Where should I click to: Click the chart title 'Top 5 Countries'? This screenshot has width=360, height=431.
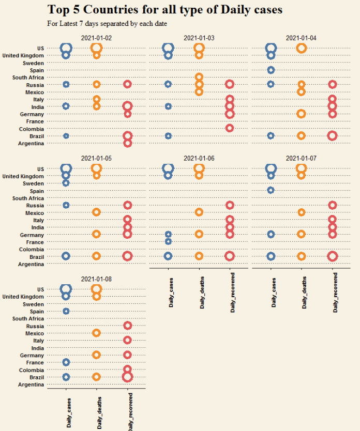(164, 9)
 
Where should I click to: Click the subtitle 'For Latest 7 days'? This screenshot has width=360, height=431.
(107, 23)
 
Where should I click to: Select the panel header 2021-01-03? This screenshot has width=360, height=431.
(199, 38)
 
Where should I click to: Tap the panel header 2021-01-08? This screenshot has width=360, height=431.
(96, 279)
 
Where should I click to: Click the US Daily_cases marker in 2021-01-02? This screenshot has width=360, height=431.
(66, 48)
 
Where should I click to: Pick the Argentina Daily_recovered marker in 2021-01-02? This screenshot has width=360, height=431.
(128, 143)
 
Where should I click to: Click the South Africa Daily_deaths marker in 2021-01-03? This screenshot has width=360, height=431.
(199, 78)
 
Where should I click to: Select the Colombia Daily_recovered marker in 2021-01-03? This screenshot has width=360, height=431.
(230, 128)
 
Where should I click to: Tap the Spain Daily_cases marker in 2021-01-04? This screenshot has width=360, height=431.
(271, 70)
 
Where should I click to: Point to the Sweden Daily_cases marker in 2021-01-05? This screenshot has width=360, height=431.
(66, 183)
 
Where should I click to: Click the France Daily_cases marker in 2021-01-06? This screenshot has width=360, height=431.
(168, 241)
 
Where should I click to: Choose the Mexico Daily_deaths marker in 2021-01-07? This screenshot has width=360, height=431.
(302, 212)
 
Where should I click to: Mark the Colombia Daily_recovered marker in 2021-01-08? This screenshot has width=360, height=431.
(127, 370)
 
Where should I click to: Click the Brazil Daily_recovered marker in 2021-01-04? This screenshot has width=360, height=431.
(332, 136)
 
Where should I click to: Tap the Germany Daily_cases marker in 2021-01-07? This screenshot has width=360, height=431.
(271, 234)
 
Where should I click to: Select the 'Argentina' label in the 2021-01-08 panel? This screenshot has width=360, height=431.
(31, 384)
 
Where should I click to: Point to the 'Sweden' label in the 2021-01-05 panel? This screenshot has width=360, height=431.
(33, 183)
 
